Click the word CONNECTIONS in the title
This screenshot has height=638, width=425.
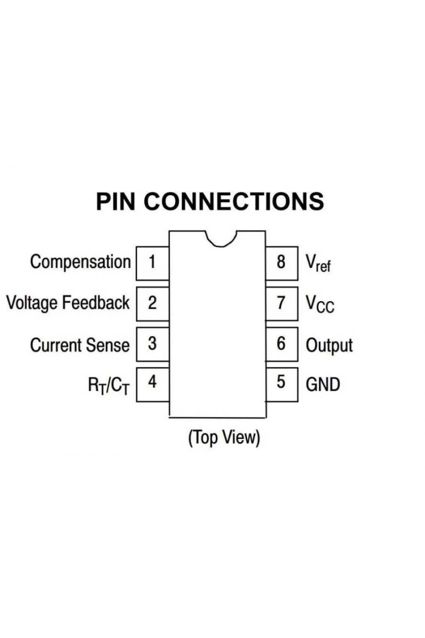click(234, 201)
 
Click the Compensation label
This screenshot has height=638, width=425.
click(81, 262)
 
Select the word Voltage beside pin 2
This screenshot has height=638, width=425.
click(32, 303)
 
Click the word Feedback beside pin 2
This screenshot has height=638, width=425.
click(96, 302)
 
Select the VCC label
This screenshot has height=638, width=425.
click(320, 304)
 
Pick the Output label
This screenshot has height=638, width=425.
click(329, 346)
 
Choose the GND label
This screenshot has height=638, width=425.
click(323, 385)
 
